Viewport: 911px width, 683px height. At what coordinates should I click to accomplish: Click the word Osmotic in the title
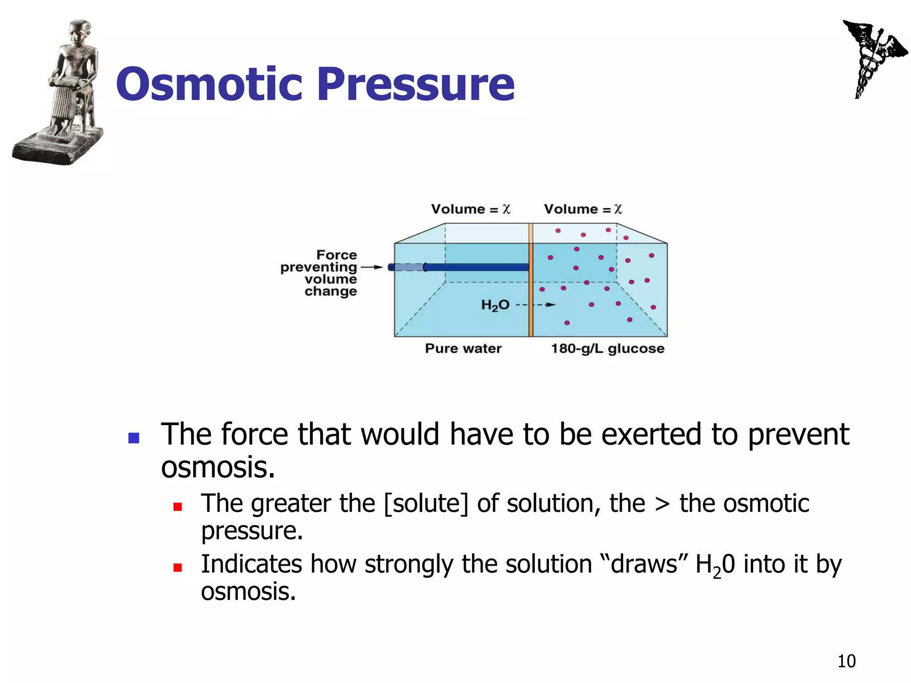[209, 84]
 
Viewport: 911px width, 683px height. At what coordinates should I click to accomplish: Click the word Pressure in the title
[416, 84]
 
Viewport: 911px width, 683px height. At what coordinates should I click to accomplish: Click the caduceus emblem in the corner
[872, 58]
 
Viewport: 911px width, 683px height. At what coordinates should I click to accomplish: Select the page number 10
[847, 661]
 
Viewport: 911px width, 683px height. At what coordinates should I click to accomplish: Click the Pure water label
[463, 348]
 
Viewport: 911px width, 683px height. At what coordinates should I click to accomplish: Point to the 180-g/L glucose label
[608, 348]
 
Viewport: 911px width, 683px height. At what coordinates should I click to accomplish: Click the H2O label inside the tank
[495, 305]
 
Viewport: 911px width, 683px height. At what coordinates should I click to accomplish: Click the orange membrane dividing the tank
[531, 289]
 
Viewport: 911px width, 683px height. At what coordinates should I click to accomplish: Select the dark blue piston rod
[476, 267]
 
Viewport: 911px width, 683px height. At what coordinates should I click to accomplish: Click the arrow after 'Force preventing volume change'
[371, 267]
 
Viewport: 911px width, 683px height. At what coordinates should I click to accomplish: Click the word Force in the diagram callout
[337, 255]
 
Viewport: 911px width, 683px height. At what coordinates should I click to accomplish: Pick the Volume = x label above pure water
[471, 209]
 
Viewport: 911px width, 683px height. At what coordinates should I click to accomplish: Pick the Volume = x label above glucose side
[583, 209]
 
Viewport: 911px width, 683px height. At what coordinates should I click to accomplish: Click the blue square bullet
[134, 438]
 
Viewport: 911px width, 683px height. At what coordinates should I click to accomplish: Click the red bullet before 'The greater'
[177, 506]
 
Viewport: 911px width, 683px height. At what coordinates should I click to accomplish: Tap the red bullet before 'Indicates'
[177, 567]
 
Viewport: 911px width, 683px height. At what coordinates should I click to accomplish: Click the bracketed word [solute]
[426, 504]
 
